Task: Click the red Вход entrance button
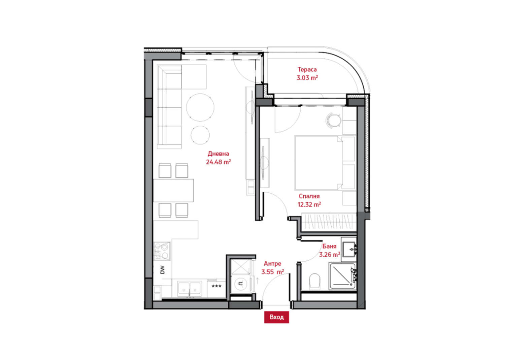276,317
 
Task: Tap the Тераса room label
307,69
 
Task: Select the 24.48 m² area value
218,162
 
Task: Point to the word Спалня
309,196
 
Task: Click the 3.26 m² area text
329,255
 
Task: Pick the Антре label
273,263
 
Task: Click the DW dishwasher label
162,270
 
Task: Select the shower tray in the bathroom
342,276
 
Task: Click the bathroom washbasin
349,249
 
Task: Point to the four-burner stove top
162,251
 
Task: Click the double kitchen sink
189,289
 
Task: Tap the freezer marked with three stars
216,289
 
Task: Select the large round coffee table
200,107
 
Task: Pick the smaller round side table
200,135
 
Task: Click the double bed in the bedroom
325,163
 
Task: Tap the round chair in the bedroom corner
333,121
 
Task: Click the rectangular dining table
173,190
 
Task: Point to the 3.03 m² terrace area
307,78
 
